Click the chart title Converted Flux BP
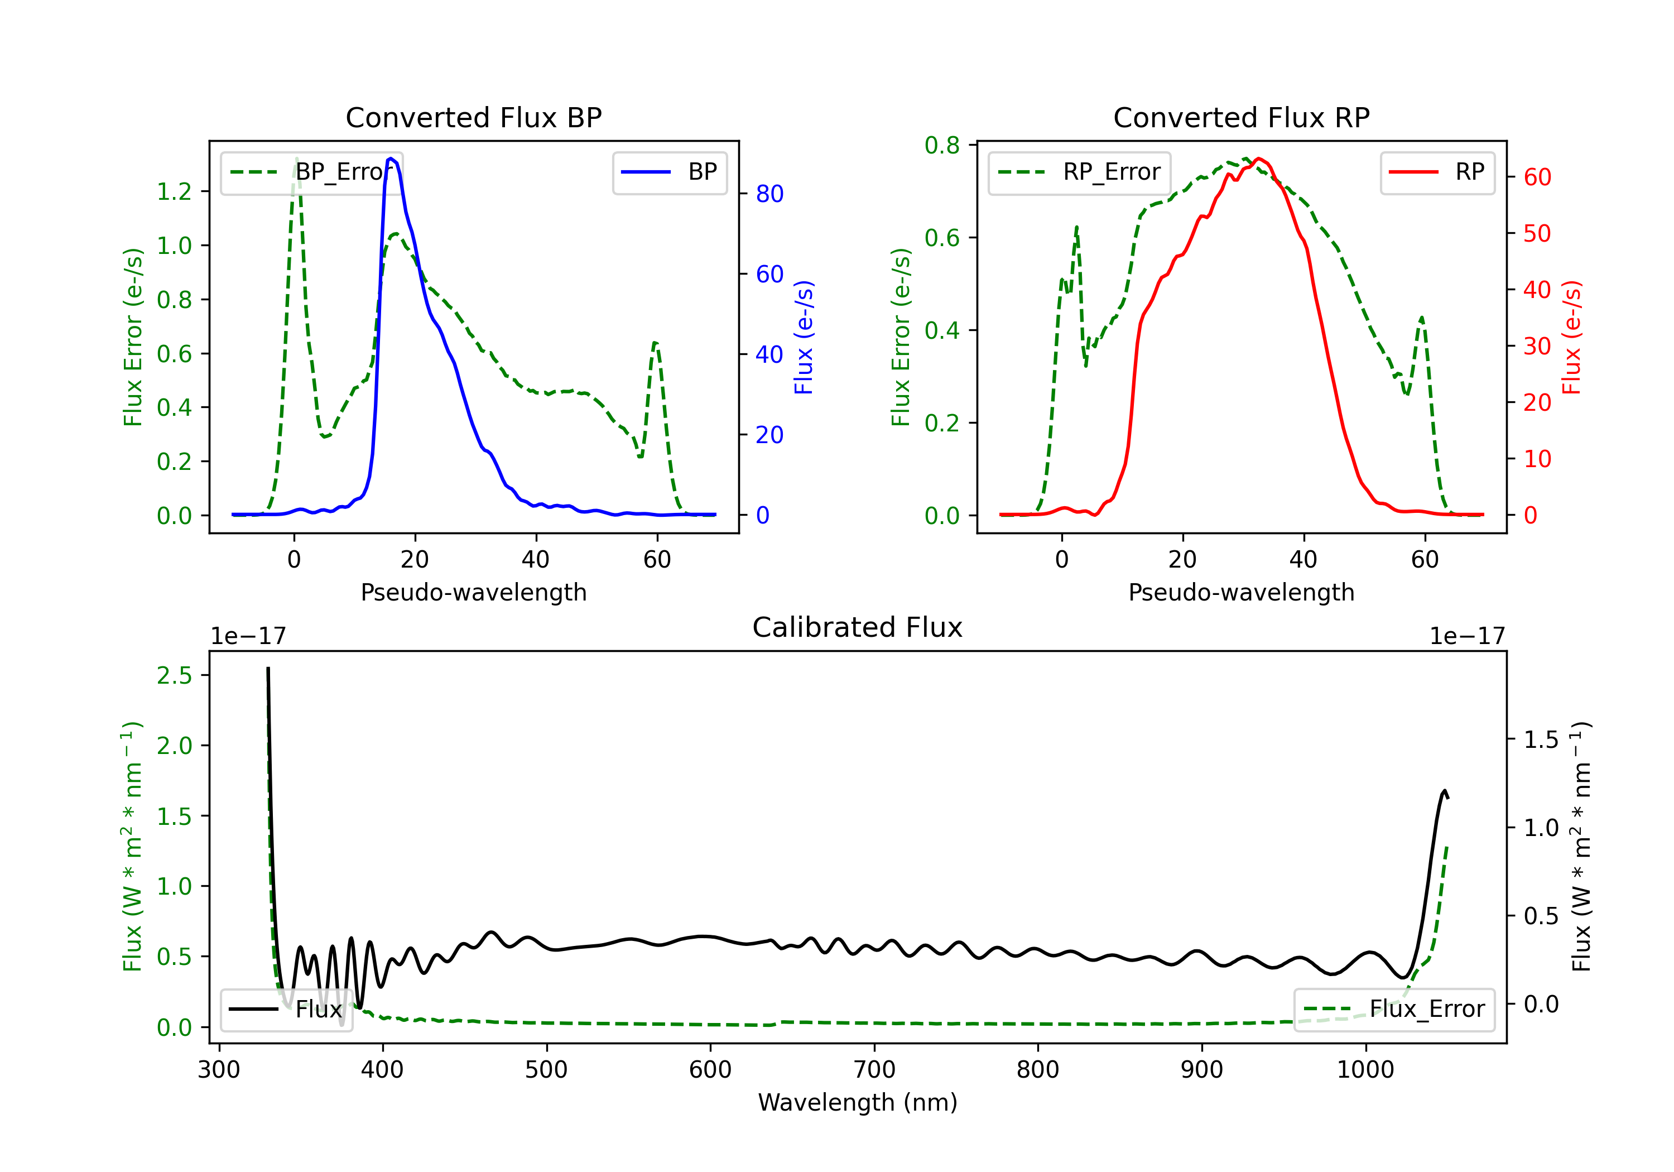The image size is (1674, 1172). [473, 117]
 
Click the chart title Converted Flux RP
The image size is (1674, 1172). [1241, 117]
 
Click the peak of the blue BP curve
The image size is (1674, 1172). [392, 158]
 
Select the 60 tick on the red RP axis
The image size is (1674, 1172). [1537, 177]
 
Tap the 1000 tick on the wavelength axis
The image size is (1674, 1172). [1365, 1070]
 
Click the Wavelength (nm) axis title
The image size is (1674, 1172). [858, 1103]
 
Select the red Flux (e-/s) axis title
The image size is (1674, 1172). [1572, 337]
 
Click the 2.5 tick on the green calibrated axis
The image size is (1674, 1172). [174, 675]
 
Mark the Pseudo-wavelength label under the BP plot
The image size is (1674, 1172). [473, 592]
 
